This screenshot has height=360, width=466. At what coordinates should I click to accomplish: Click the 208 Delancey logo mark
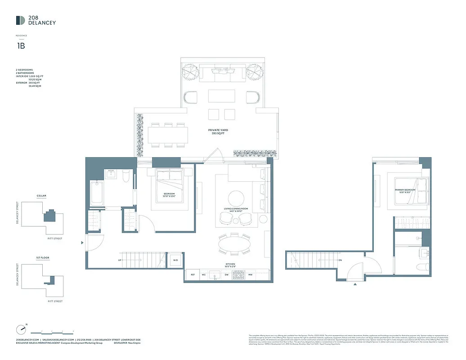(x=20, y=20)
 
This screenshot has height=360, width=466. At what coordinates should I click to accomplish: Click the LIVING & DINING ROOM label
(x=236, y=209)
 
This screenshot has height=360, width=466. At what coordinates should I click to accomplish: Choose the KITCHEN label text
(x=230, y=265)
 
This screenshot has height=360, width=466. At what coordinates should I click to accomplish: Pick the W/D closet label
(x=175, y=261)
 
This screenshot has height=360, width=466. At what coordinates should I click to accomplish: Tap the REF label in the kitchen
(x=193, y=274)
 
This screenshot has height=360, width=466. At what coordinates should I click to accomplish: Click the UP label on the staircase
(x=120, y=260)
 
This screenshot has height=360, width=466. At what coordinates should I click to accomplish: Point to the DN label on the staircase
(x=340, y=260)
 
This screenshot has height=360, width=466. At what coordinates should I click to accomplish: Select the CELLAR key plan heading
(x=41, y=196)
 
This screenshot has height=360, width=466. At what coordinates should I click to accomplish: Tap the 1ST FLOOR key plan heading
(x=42, y=258)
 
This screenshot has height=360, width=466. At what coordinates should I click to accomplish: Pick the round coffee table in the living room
(x=236, y=198)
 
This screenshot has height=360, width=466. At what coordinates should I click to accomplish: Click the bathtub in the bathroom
(x=97, y=193)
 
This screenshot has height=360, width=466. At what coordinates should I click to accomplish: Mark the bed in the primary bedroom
(x=410, y=191)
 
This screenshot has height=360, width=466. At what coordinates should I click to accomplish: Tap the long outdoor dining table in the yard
(x=168, y=134)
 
